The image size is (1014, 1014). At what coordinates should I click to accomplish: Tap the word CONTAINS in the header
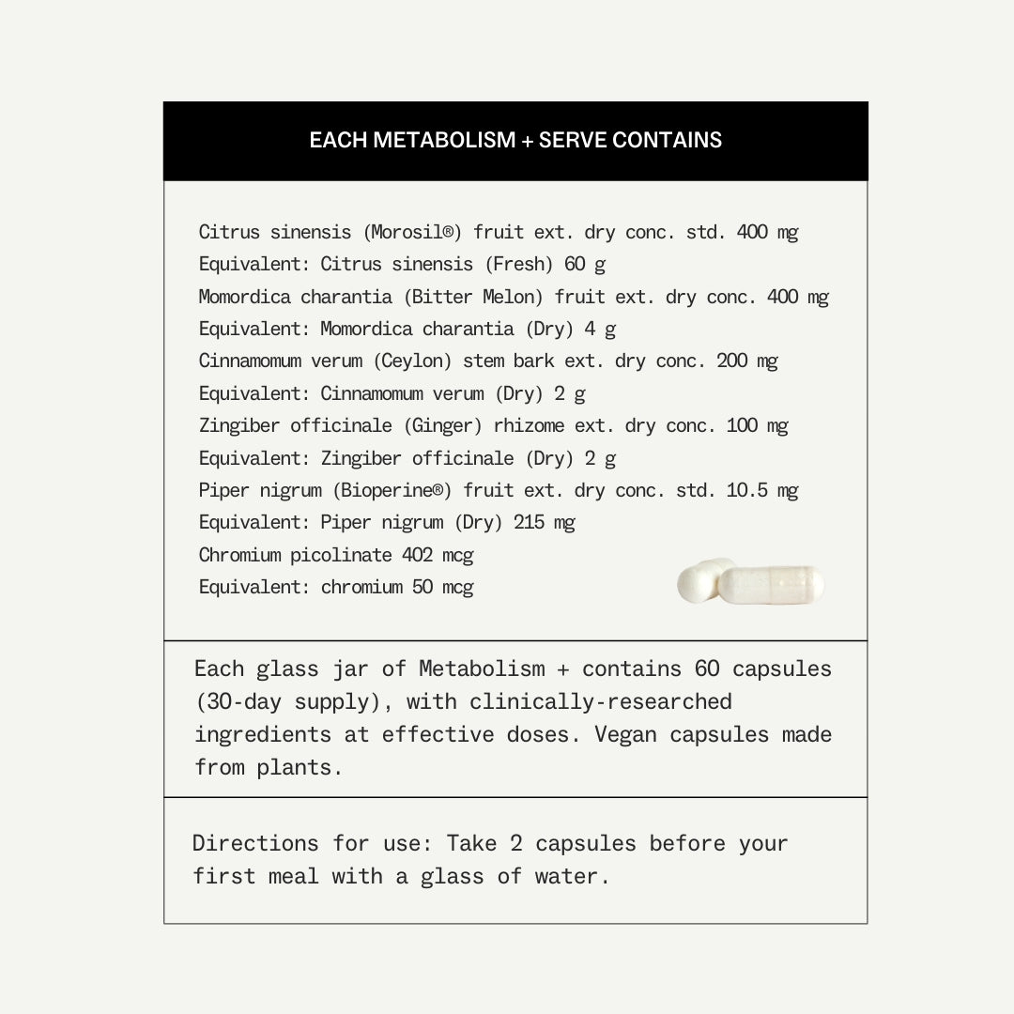tap(668, 141)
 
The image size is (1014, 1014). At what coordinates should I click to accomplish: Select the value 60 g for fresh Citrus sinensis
tap(585, 264)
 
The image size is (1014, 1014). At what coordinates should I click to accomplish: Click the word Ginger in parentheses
tap(443, 425)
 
